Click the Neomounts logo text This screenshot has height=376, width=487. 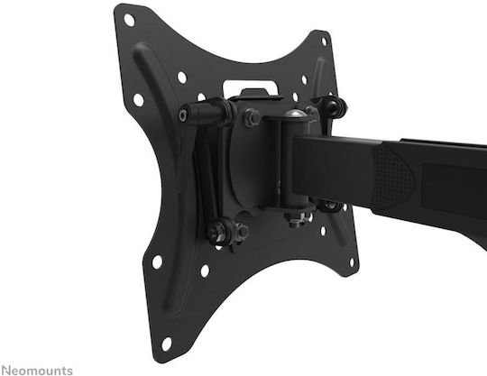[37, 371]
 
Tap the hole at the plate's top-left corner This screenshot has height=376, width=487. [129, 20]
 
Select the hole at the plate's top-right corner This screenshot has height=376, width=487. [324, 41]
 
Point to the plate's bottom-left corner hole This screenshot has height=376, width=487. [167, 344]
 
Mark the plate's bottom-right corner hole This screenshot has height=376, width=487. [353, 262]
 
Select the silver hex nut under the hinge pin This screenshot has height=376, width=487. [296, 218]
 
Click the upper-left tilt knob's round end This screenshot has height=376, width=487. [183, 115]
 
